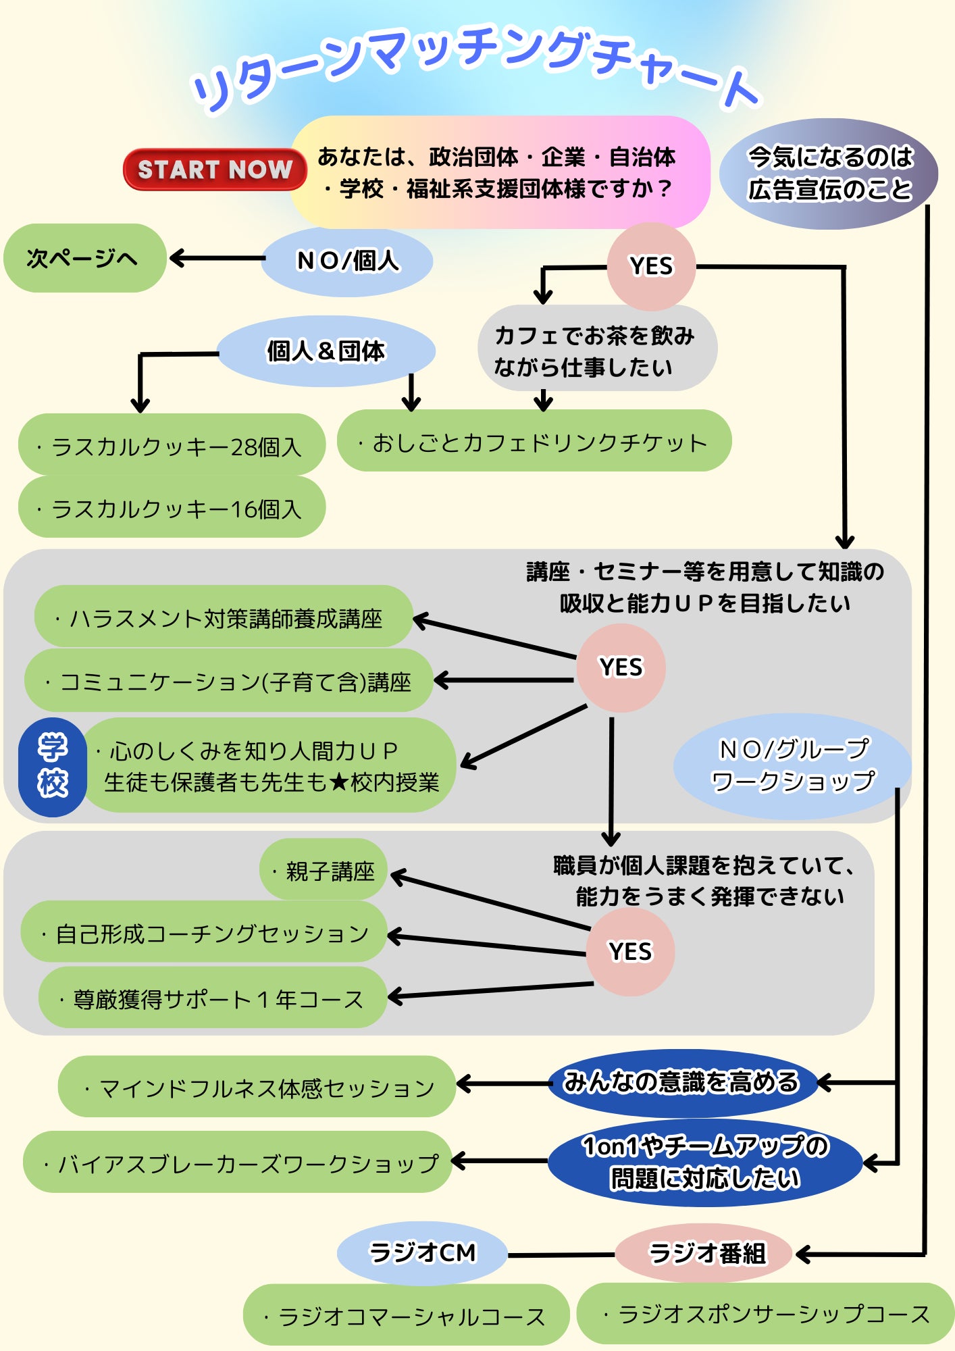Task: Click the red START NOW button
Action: point(214,169)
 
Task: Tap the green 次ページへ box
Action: point(84,258)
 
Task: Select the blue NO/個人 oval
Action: point(347,261)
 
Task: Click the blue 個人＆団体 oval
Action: point(326,351)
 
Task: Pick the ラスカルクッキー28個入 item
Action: point(172,445)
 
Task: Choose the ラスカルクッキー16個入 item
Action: point(172,507)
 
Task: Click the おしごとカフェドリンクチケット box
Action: point(534,441)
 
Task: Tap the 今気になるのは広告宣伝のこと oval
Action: point(829,174)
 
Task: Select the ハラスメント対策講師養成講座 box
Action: point(223,617)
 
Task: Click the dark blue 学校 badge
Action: point(53,767)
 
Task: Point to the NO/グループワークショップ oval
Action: point(792,765)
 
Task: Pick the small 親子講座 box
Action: point(323,870)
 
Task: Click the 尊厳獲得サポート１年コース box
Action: point(212,998)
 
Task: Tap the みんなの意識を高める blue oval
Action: point(682,1082)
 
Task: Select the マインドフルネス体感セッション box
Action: point(257,1087)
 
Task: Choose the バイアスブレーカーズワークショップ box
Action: point(238,1162)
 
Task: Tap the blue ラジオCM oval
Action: point(423,1253)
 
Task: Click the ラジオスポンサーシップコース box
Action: point(766,1314)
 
